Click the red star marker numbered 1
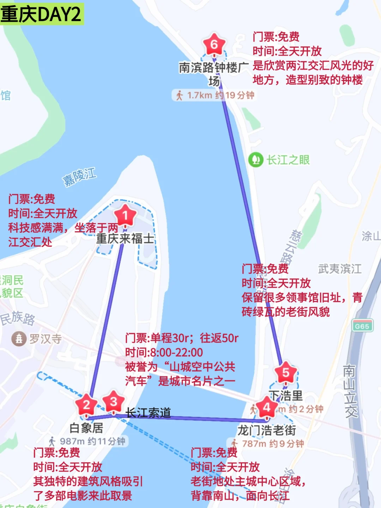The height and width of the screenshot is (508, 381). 125,215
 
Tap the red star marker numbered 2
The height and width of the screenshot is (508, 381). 86,405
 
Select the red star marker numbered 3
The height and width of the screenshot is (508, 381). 113,401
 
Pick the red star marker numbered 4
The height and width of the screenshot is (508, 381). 266,407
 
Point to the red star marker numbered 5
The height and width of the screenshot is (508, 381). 286,373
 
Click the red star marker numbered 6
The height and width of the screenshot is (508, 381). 214,44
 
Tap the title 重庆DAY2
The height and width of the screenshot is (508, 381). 41,14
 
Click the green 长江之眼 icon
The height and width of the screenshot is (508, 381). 256,160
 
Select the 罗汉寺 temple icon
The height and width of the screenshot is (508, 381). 19,339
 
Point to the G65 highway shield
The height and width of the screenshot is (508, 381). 362,326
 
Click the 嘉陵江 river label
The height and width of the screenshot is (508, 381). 79,177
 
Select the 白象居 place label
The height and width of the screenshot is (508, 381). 86,428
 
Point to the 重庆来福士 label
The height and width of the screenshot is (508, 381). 125,238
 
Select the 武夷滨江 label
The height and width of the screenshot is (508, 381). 340,269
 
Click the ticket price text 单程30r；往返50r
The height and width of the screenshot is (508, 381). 182,338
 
